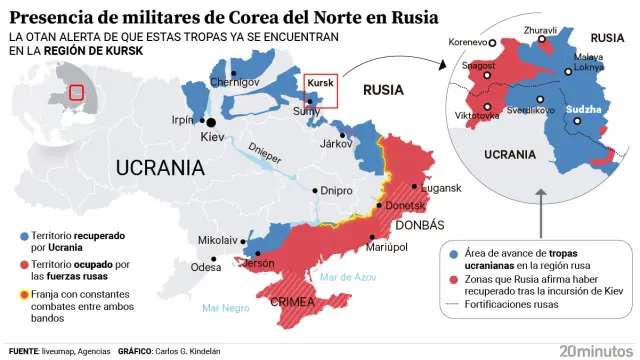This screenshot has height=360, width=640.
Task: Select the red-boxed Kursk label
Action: point(321,83)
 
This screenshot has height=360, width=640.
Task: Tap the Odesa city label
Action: point(206,267)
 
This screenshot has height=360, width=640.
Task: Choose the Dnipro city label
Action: point(338,190)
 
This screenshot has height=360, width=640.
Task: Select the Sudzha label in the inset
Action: point(583,108)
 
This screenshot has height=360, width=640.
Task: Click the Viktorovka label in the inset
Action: point(477,117)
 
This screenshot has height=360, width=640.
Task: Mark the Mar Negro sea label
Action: point(225,308)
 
